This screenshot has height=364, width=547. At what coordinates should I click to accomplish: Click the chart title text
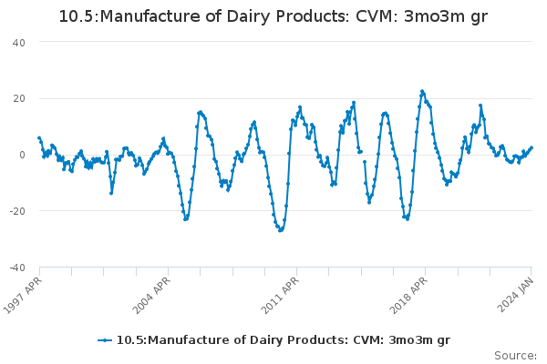coord(273,16)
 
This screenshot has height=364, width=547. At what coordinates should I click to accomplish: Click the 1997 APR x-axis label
coord(25,293)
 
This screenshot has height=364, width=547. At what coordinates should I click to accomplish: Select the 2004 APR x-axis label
coord(152,293)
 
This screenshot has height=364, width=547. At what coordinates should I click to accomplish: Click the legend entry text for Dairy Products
coord(283,340)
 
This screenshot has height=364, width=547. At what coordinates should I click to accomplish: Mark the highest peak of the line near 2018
coord(422,91)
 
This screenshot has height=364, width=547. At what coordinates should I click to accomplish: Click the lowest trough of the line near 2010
coord(281,230)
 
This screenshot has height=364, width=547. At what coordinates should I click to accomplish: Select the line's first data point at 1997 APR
coord(39,137)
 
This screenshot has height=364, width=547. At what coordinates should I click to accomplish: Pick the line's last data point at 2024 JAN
coord(532,147)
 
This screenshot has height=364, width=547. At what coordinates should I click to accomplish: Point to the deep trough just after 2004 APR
coord(185,219)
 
